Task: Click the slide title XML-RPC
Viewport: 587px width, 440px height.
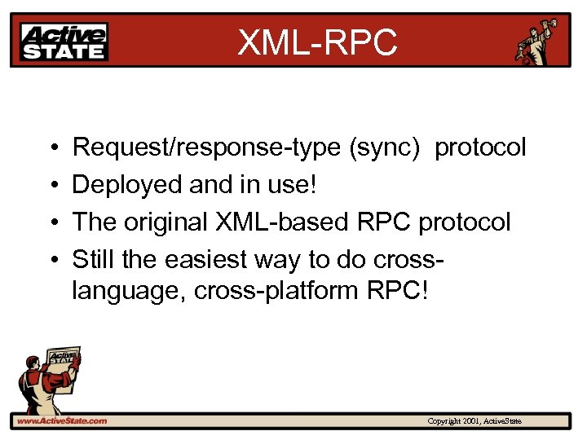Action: click(317, 42)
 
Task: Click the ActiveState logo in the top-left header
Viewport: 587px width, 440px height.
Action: click(64, 42)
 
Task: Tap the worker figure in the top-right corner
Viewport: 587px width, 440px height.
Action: click(538, 41)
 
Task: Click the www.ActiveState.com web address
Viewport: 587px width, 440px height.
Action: click(61, 421)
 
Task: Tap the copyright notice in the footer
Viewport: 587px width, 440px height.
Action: click(474, 421)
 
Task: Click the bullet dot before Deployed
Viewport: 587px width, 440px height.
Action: click(51, 186)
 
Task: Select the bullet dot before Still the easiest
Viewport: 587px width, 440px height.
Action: click(51, 260)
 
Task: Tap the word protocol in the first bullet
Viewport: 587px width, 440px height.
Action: click(480, 148)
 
